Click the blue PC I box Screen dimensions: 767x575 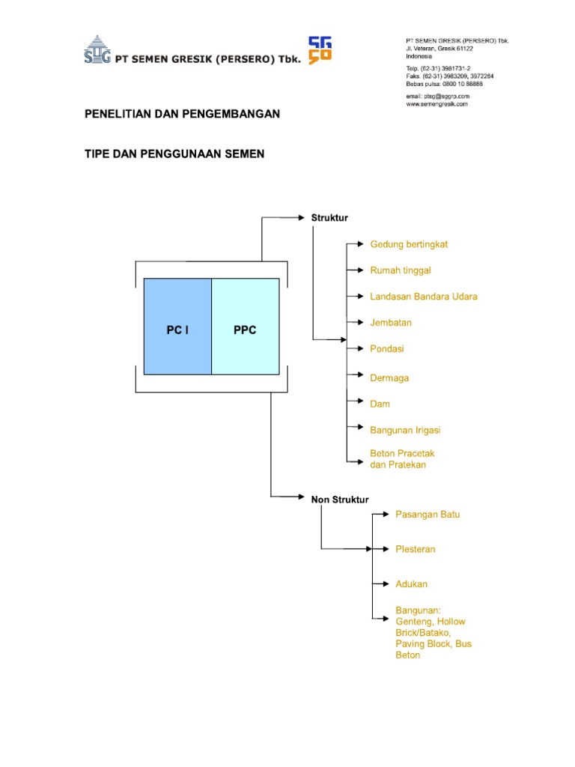coord(177,327)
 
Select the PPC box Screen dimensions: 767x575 coord(245,327)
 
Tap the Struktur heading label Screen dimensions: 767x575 coord(329,218)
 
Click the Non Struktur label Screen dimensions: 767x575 coord(340,500)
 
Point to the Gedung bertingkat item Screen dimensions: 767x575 coord(409,244)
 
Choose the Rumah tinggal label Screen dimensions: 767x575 coord(401,270)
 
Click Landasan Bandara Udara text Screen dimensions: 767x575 coord(423,297)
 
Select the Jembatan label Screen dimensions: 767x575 coord(391,323)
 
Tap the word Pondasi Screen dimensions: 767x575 coord(387,349)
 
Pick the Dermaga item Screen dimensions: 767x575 coord(389,378)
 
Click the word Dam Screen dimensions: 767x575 coord(380,404)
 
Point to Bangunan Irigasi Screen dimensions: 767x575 coord(405,430)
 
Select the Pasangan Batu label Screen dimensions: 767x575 coord(428,515)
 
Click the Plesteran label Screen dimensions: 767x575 coord(415,549)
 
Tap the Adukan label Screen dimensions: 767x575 coord(411,583)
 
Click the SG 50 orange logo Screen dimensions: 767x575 coord(320,51)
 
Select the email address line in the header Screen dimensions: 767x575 coord(438,96)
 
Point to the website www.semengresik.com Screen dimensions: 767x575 coord(437,104)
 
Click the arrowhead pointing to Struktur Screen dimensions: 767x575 coord(304,218)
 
